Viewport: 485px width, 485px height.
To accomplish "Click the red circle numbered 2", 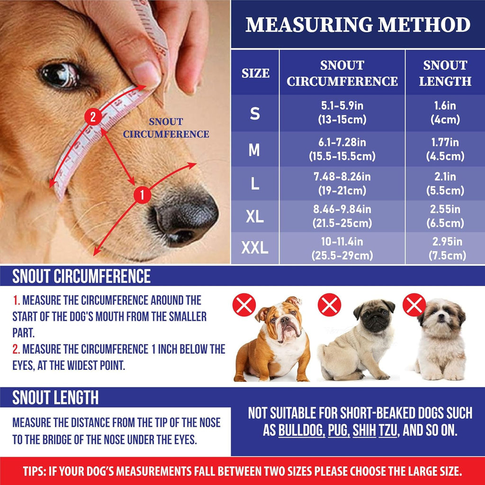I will [x=93, y=117].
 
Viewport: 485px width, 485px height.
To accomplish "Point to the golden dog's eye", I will [x=59, y=75].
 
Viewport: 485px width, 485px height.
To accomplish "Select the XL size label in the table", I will [x=255, y=216].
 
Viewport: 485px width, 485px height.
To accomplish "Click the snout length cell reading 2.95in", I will [x=445, y=249].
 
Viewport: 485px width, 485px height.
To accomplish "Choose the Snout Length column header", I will [x=445, y=73].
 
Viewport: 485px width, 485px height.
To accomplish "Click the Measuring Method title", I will [x=358, y=25].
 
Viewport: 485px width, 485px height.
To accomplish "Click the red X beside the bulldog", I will [x=244, y=305].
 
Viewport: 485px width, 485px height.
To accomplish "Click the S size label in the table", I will [x=255, y=114].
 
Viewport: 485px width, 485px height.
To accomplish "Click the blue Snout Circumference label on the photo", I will [x=166, y=128].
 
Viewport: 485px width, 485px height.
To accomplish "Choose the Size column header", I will [x=255, y=73].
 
